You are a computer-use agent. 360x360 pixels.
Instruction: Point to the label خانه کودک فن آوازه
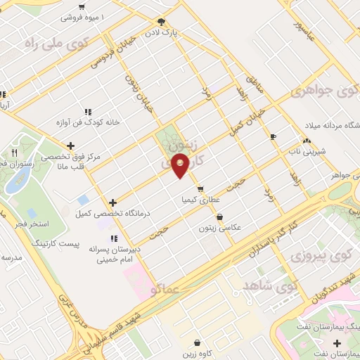click(89, 122)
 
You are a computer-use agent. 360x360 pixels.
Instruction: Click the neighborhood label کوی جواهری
click(323, 91)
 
